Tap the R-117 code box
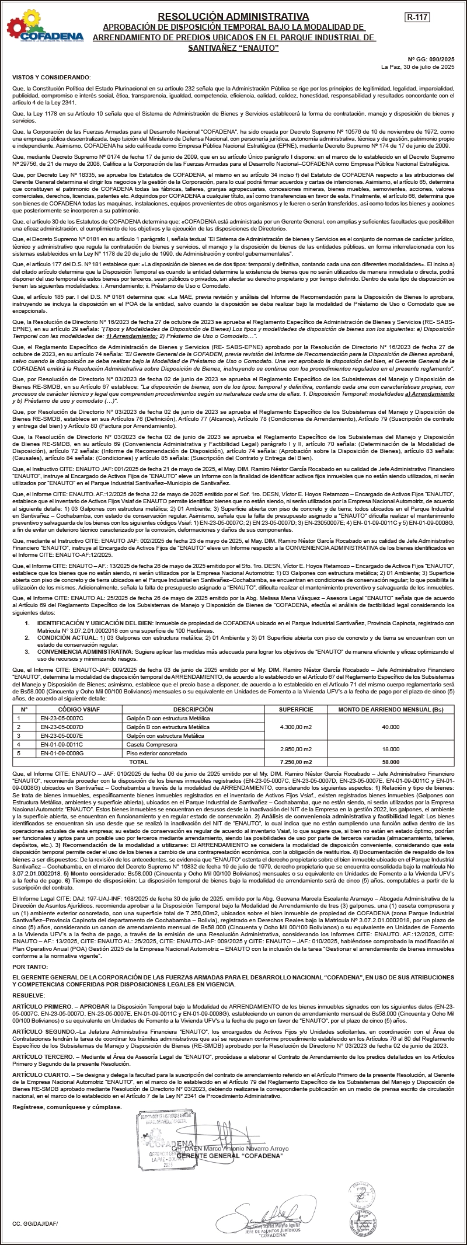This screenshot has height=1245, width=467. (x=417, y=18)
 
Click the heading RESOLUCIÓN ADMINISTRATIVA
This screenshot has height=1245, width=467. (x=233, y=16)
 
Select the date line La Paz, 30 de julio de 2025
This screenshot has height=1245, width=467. (x=417, y=67)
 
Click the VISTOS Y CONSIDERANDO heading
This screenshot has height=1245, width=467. (x=51, y=77)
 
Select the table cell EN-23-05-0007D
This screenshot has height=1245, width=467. (x=62, y=727)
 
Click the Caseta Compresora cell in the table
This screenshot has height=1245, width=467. (x=143, y=745)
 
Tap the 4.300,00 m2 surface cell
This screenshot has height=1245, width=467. (x=295, y=727)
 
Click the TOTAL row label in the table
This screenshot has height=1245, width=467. (x=138, y=762)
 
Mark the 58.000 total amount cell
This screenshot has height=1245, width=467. (x=391, y=762)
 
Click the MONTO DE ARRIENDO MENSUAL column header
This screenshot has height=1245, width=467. (x=391, y=709)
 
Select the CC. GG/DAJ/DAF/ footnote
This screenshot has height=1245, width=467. (x=35, y=1233)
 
